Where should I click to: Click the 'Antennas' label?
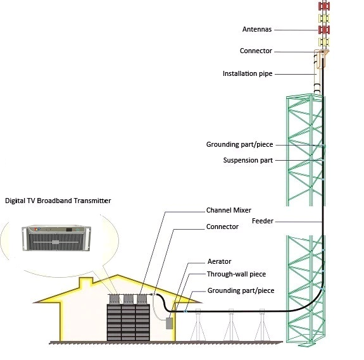click(x=257, y=29)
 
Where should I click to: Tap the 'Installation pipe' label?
click(x=248, y=74)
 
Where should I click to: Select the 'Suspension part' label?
click(x=248, y=160)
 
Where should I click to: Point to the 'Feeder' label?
click(x=263, y=221)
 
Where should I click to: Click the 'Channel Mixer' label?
click(x=229, y=210)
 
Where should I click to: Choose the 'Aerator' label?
click(x=220, y=261)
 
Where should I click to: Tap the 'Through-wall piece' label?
click(x=236, y=274)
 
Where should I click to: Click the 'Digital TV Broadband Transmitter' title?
click(x=58, y=201)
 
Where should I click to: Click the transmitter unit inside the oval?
click(x=56, y=238)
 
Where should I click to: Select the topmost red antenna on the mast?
click(x=324, y=6)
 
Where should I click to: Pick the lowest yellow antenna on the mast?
click(x=324, y=42)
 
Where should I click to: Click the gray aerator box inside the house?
click(x=169, y=323)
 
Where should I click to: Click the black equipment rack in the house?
click(x=129, y=323)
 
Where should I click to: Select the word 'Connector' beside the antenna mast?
click(x=256, y=51)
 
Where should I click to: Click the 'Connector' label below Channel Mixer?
click(x=222, y=227)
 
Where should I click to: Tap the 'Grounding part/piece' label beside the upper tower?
click(x=239, y=144)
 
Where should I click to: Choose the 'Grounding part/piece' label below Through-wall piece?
click(x=241, y=290)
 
